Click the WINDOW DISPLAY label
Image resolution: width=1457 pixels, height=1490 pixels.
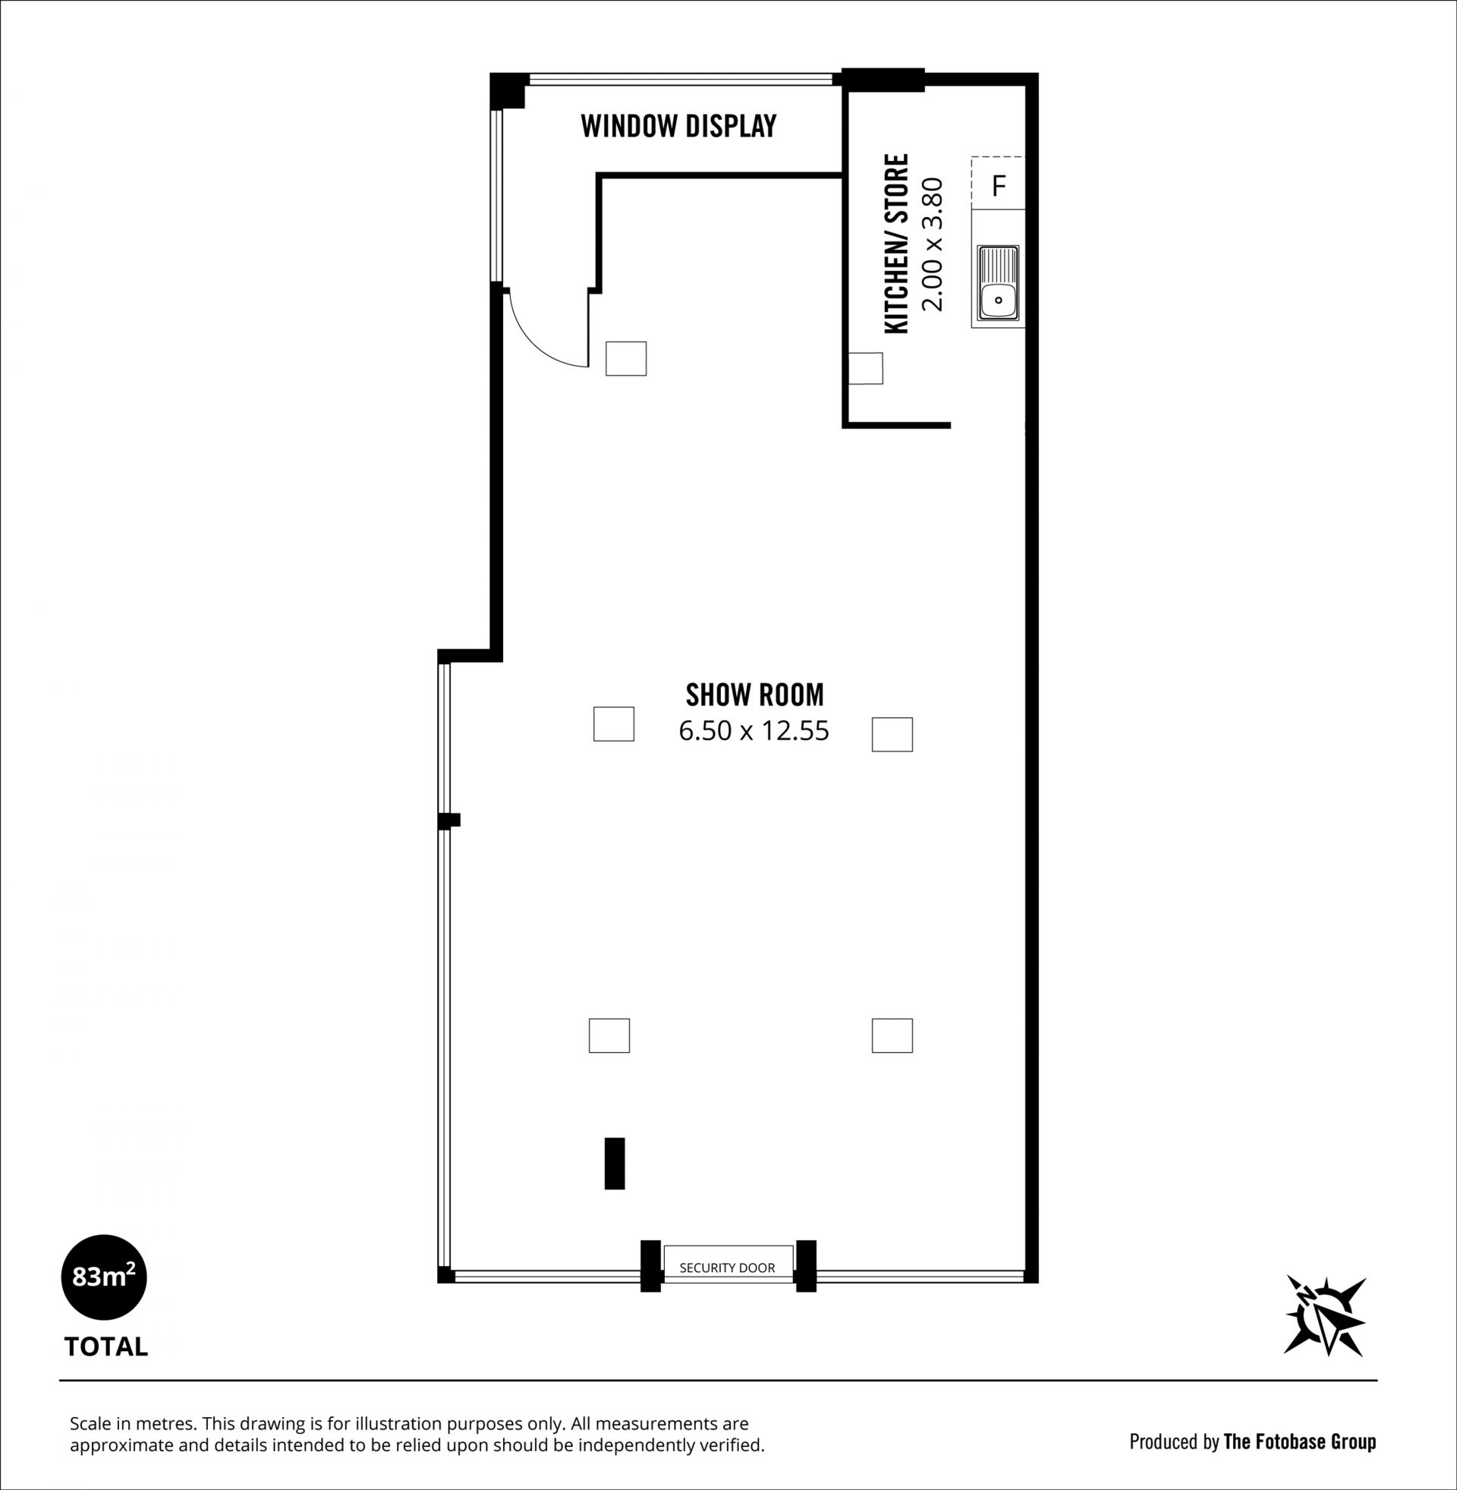tap(678, 125)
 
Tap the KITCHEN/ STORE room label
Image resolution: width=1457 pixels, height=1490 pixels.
tap(896, 244)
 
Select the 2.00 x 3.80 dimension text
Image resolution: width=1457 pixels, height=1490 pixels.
tap(933, 244)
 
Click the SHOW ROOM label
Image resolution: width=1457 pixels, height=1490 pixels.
tap(754, 695)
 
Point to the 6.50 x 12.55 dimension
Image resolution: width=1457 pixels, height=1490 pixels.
tap(754, 731)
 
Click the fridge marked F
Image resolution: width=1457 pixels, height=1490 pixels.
tap(998, 184)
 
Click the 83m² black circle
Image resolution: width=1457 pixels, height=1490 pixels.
tap(103, 1277)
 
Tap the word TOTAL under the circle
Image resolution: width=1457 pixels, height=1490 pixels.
tap(105, 1347)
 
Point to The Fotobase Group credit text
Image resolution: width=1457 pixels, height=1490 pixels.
tap(1299, 1441)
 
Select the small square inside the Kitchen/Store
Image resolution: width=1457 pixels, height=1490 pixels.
tap(867, 368)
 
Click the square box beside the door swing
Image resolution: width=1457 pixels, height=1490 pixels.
tap(626, 358)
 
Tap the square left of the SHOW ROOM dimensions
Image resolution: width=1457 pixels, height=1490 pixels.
tap(614, 724)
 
